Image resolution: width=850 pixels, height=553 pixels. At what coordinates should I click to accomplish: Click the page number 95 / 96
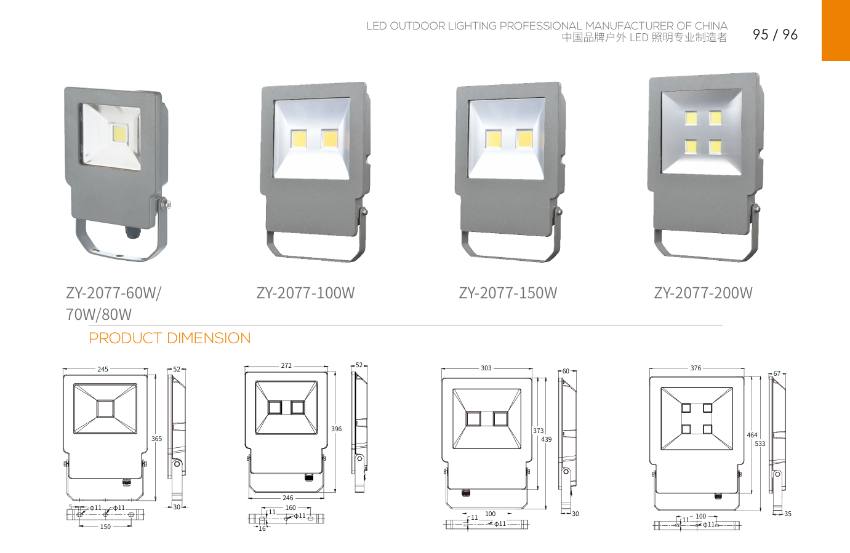click(775, 34)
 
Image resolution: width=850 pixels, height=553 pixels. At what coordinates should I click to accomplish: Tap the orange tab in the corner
click(835, 30)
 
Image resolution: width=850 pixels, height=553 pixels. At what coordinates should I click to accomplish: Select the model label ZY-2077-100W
click(305, 293)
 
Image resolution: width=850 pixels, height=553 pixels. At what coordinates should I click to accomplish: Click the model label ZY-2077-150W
click(508, 293)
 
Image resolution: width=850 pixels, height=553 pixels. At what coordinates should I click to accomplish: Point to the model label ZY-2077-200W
click(703, 293)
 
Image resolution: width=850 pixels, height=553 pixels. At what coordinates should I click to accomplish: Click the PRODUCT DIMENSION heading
click(170, 338)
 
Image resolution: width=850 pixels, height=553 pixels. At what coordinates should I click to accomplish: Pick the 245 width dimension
click(103, 369)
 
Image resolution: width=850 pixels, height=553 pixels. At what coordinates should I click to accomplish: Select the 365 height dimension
click(157, 439)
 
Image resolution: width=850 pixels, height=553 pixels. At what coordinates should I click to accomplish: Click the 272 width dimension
click(286, 365)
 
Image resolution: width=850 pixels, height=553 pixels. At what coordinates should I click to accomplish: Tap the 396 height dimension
click(336, 429)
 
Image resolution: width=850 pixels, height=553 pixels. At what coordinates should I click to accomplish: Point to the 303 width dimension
click(486, 368)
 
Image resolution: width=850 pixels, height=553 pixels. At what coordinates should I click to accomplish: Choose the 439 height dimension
click(547, 439)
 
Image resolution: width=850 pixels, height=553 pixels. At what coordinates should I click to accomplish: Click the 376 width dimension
click(696, 368)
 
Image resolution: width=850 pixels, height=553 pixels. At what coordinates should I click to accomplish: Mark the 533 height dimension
click(760, 444)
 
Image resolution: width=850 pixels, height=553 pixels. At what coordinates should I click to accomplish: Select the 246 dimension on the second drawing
click(287, 498)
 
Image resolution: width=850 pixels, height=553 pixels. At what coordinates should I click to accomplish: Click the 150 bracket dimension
click(105, 527)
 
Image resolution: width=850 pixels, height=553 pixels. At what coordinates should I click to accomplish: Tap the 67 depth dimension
click(777, 373)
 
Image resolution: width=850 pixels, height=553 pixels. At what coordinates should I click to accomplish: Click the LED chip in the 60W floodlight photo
click(119, 133)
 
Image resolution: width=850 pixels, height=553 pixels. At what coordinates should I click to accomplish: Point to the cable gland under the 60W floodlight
click(132, 233)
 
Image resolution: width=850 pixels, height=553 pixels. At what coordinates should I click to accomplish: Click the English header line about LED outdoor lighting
click(547, 26)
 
